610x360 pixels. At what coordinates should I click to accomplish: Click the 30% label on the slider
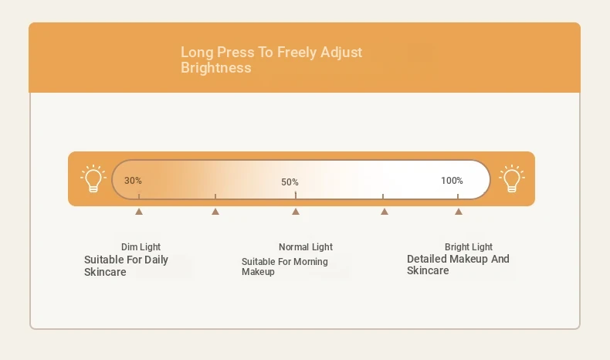[x=133, y=181]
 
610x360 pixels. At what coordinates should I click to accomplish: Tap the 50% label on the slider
[x=290, y=182]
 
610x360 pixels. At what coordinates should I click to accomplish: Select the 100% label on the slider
[x=452, y=181]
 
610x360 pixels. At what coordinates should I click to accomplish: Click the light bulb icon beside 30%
[x=93, y=178]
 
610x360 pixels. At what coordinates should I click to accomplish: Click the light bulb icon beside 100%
[x=512, y=178]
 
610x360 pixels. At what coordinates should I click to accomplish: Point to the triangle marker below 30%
[x=139, y=212]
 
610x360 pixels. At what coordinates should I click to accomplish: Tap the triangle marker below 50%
[x=296, y=212]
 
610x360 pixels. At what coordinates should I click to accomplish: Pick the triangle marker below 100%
[x=459, y=212]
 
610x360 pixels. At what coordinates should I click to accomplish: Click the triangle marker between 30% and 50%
[x=215, y=212]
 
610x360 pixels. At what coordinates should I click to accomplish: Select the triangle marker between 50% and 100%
[x=385, y=212]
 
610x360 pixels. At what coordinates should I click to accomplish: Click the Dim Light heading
[x=141, y=247]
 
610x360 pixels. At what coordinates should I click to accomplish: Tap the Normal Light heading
[x=306, y=247]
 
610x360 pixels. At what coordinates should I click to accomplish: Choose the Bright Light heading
[x=469, y=247]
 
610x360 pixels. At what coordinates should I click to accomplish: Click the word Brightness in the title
[x=216, y=68]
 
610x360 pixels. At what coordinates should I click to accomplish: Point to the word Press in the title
[x=236, y=53]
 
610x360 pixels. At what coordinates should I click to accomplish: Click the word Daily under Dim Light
[x=156, y=260]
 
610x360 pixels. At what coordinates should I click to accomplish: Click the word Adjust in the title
[x=341, y=53]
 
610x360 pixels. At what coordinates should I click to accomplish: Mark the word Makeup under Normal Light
[x=258, y=272]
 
